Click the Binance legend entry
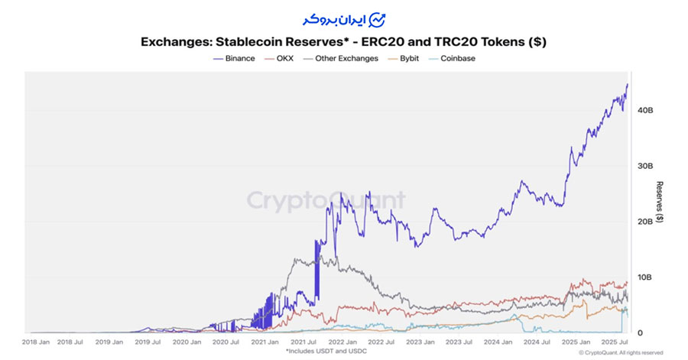click(234, 59)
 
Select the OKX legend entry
click(283, 59)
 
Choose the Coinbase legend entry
click(457, 59)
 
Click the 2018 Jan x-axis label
click(37, 342)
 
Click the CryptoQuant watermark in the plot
click(326, 200)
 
